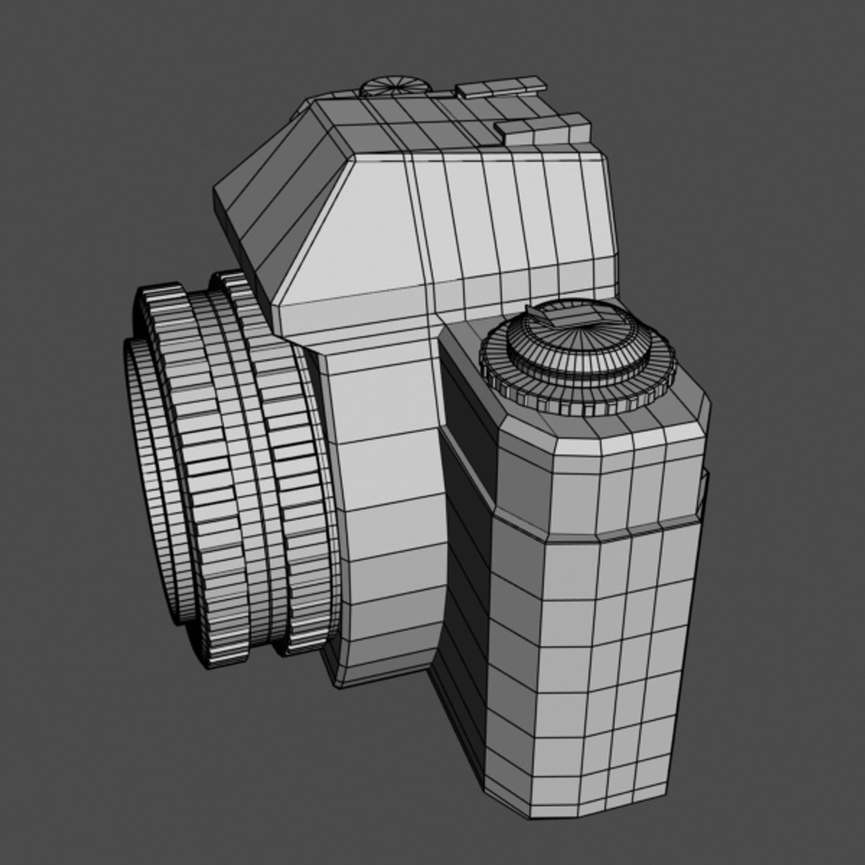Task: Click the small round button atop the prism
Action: click(x=394, y=85)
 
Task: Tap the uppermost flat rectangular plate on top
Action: click(x=501, y=86)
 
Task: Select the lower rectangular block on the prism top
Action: click(x=543, y=129)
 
